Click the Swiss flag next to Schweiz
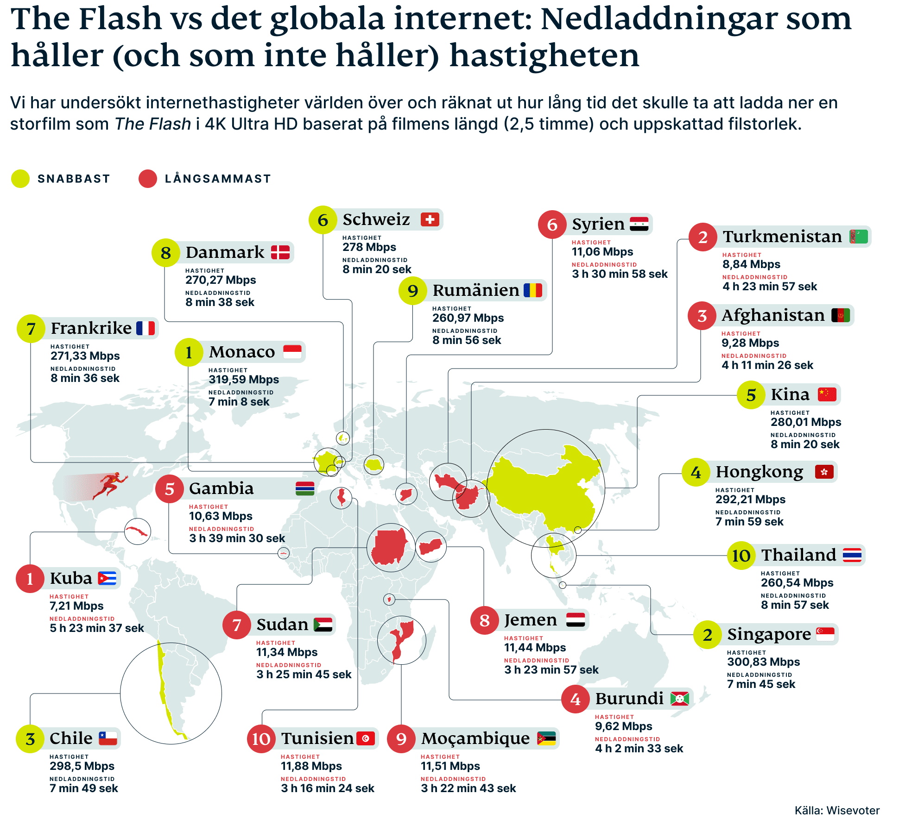430,219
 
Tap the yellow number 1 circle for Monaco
189,352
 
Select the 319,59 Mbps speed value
243,380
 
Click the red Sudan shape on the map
389,547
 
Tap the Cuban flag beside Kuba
107,578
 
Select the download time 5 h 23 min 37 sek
96,628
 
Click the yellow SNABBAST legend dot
20,179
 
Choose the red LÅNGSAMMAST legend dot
148,179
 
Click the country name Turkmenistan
782,237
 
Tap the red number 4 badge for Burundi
575,699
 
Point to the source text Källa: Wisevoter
836,810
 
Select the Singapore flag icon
825,634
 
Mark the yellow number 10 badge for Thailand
741,556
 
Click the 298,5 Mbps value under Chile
82,766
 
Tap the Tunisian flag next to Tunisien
365,738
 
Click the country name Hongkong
759,472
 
